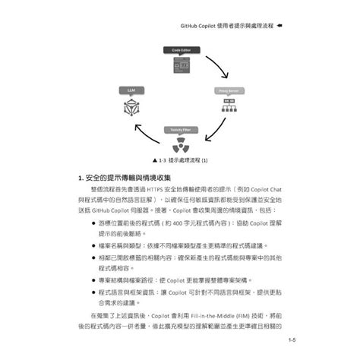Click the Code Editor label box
click(179, 49)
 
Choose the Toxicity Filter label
click(179, 130)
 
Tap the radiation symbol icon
click(179, 144)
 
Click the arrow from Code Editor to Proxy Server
click(220, 67)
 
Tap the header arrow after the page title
click(280, 26)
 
